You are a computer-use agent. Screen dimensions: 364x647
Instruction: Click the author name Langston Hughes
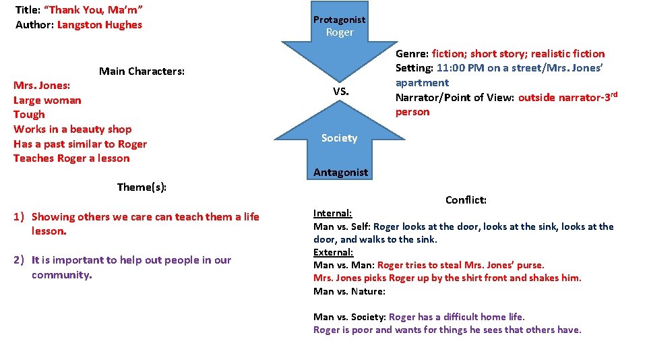100,25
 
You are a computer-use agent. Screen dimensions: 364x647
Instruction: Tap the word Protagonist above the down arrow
339,20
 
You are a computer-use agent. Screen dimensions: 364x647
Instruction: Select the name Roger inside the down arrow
339,32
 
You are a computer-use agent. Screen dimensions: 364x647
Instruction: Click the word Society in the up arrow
339,138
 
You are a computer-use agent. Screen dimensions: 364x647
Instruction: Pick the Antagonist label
341,173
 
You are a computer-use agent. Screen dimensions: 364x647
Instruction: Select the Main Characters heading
142,71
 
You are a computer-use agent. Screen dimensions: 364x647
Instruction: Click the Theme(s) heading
142,187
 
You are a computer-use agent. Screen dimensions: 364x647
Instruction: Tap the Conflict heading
466,200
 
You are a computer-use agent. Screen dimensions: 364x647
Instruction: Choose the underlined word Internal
332,213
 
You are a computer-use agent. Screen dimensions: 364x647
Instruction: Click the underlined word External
333,252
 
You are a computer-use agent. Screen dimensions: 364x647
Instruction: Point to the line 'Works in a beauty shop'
72,129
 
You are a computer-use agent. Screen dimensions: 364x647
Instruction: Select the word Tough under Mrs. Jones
29,115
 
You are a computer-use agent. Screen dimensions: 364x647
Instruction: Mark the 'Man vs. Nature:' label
349,291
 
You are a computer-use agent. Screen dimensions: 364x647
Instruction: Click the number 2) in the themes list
20,260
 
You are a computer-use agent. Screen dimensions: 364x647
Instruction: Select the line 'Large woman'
47,100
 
